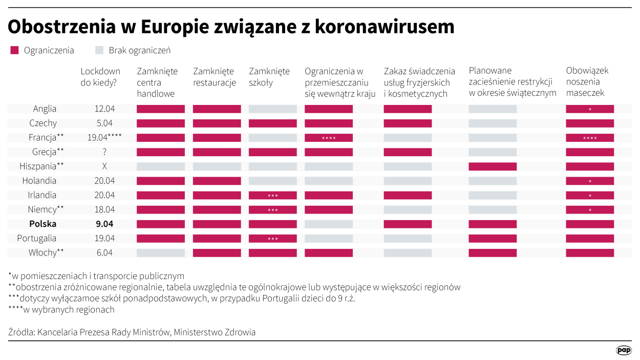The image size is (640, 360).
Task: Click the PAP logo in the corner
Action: point(624,350)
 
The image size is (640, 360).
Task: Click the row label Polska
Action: point(42,224)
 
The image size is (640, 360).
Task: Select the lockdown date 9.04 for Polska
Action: point(104,224)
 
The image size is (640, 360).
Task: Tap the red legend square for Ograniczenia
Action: point(14,50)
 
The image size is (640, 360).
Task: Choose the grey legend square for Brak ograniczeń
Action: point(99,50)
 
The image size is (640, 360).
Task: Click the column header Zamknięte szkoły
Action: point(269,77)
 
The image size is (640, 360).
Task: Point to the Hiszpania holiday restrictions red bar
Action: point(493,166)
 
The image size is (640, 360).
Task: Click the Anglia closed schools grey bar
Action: point(272,109)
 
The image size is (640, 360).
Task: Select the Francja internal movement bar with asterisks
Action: point(329,138)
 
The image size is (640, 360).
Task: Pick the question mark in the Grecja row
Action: point(104,152)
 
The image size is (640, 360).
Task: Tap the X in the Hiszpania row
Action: point(104,166)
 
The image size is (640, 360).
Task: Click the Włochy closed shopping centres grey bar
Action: point(161,252)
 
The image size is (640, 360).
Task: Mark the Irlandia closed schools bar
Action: point(272,195)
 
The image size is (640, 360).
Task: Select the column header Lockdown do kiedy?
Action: point(100,77)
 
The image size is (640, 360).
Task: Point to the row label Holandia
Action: point(39,181)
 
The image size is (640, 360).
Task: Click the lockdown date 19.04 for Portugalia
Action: point(104,238)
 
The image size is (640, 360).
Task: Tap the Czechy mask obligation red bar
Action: point(590,123)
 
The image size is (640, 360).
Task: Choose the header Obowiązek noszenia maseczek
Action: point(587,82)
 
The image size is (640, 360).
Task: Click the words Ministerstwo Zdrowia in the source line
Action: point(215,332)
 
